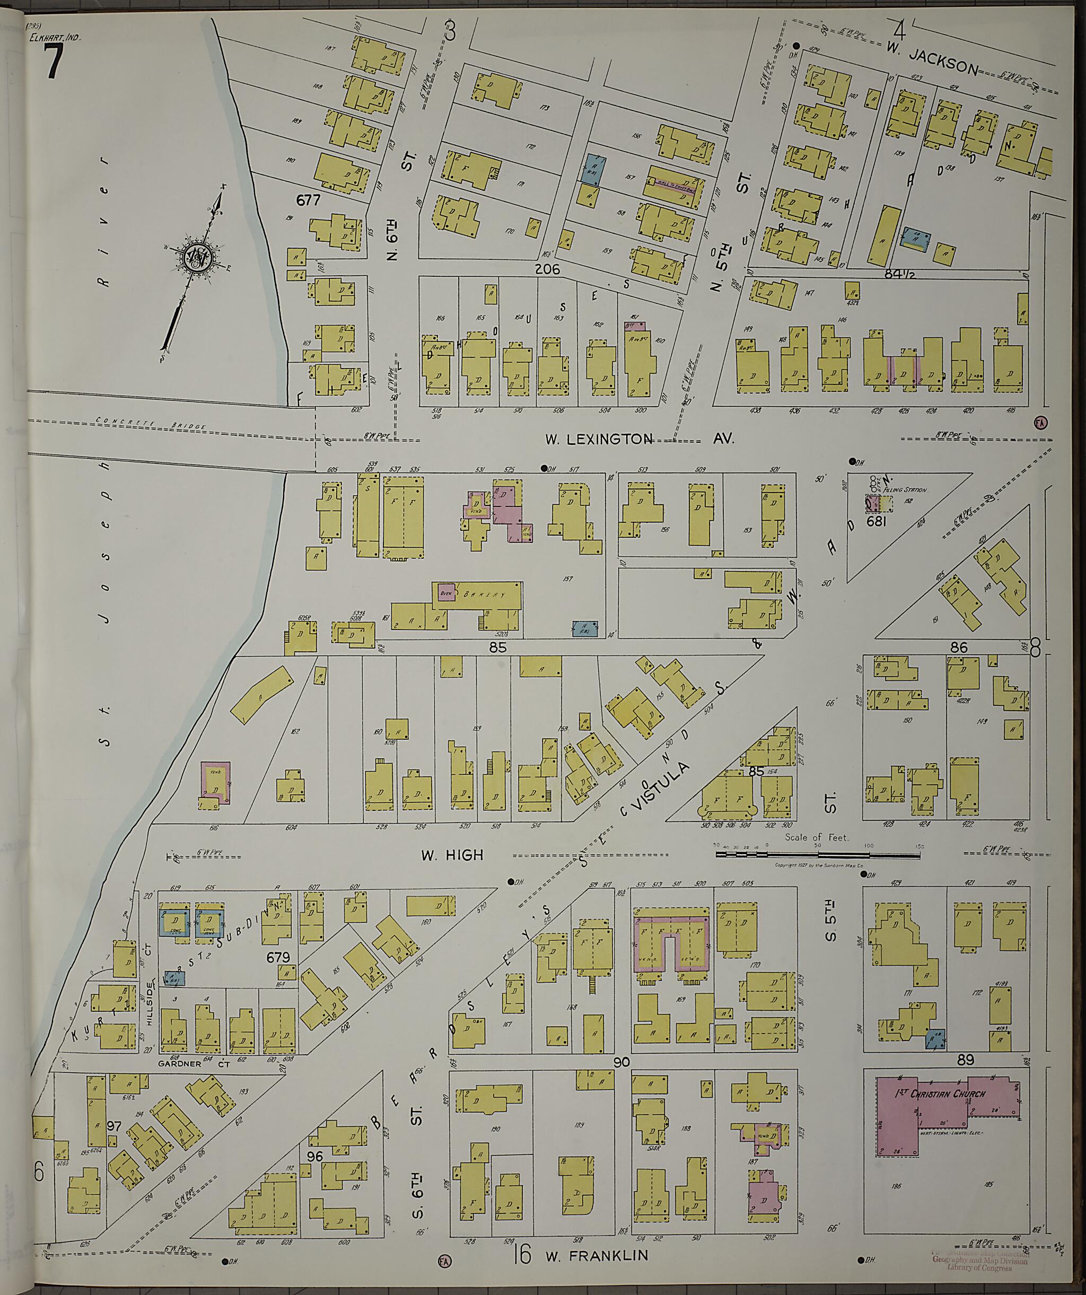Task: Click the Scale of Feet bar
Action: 819,855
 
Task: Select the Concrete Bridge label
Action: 151,424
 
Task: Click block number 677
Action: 308,200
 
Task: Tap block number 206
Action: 547,269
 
